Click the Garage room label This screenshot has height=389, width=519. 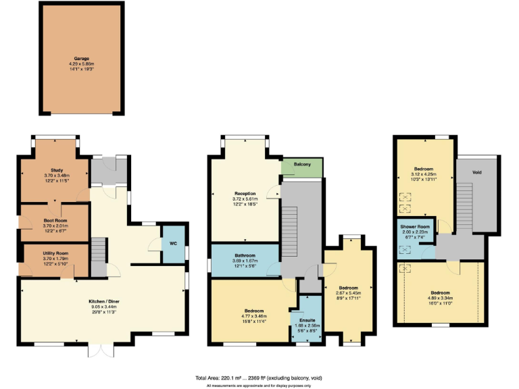81,59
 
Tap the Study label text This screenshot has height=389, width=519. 56,170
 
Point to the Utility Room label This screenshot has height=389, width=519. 56,253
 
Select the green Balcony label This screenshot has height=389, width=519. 302,165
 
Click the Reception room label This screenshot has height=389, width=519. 245,194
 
